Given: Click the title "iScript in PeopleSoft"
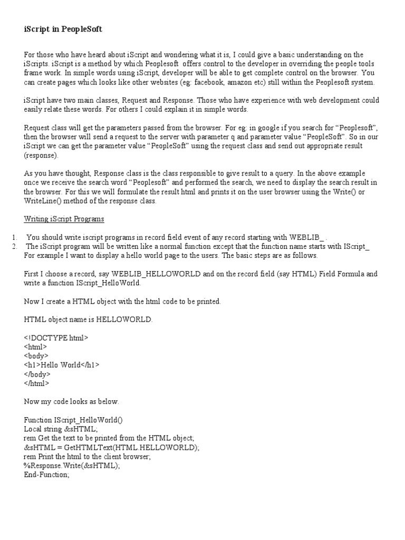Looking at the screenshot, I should click(x=63, y=30).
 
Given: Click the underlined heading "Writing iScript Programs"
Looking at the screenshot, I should click(x=64, y=219).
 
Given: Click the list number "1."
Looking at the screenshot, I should click(x=14, y=237).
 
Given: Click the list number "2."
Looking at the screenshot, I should click(x=14, y=246).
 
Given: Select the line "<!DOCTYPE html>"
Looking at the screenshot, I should click(x=56, y=338).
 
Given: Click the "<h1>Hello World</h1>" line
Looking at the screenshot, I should click(x=62, y=365).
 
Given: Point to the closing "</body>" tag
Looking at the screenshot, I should click(x=37, y=374).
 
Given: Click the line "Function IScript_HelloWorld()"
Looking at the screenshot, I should click(x=80, y=420).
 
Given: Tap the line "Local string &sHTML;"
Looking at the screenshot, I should click(x=61, y=429).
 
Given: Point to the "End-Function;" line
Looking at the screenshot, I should click(x=46, y=475).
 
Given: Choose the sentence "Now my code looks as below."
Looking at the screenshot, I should click(x=72, y=401).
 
